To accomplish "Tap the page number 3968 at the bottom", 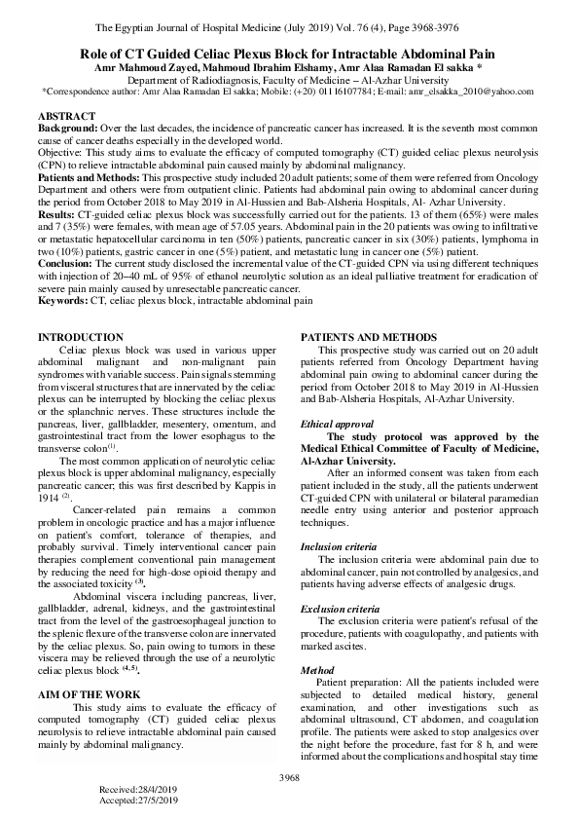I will click(289, 776).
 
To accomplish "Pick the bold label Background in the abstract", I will click(67, 129).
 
